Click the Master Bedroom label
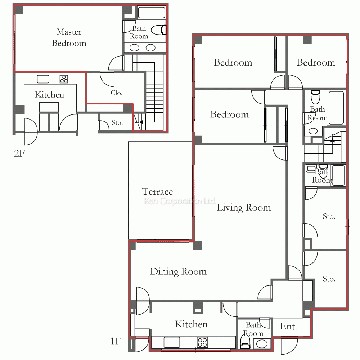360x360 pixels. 69,37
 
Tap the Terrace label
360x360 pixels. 157,192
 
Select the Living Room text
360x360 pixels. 244,208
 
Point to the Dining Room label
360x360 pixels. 179,271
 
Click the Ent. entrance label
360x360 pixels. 288,326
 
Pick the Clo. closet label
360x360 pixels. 116,93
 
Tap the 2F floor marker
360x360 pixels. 19,153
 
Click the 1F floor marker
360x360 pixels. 116,341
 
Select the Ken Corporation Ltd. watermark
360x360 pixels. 180,201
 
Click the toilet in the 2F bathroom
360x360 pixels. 159,30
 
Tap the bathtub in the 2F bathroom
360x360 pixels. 151,13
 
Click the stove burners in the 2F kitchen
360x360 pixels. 64,79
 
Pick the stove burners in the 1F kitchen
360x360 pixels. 202,342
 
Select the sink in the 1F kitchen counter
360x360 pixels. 172,342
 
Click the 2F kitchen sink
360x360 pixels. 43,79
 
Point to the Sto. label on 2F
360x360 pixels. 117,123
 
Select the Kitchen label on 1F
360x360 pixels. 191,324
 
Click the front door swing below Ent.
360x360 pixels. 289,346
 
